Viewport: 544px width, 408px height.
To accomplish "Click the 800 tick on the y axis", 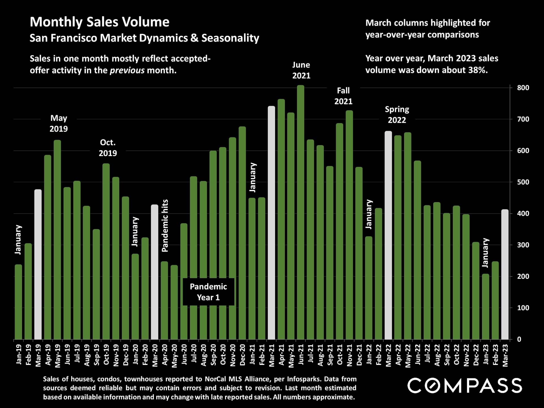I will [523, 88].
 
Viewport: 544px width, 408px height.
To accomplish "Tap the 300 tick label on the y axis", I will [523, 245].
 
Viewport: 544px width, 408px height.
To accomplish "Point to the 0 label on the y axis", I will [519, 339].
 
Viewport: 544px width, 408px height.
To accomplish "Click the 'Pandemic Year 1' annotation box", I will [208, 292].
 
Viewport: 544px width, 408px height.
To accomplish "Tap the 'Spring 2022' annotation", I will [397, 114].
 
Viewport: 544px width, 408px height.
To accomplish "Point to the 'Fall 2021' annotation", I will [343, 96].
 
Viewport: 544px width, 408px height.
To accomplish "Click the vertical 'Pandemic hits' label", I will [165, 226].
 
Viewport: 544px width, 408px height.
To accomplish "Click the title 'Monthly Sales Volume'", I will [99, 22].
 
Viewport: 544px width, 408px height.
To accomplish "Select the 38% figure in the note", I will [478, 70].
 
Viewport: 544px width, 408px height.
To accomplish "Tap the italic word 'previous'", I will [127, 70].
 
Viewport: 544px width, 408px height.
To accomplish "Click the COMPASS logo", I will [465, 386].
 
